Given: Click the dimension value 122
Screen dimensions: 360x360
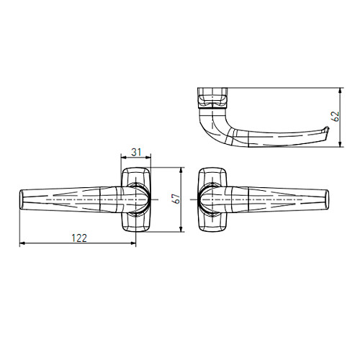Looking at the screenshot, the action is (x=79, y=238).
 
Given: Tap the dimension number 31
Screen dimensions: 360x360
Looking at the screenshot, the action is (x=136, y=152).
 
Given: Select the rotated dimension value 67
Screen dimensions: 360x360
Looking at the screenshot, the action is (x=177, y=199).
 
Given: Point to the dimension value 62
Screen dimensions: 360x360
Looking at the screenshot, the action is (x=336, y=116).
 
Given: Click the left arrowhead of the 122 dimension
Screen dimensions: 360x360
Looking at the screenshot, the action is (x=22, y=243).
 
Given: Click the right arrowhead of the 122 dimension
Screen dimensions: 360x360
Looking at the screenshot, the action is (x=133, y=243).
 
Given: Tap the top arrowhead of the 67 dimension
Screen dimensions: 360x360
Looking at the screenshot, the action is (x=181, y=170).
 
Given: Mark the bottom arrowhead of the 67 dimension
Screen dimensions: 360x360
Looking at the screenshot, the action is (x=181, y=229).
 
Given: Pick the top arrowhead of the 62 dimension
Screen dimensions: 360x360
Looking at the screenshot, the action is (x=340, y=91).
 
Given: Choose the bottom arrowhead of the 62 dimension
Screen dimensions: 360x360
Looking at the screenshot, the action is (x=340, y=144).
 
